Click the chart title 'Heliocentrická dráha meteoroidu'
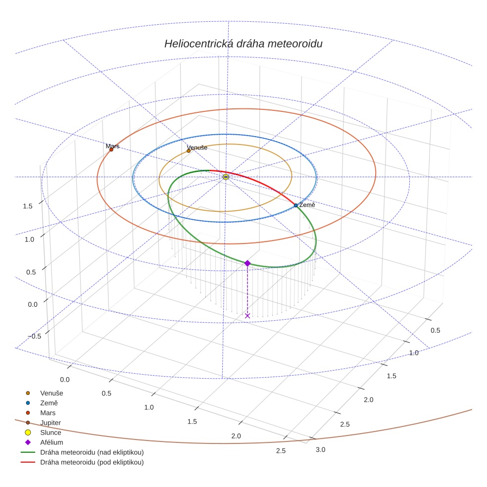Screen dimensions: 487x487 (x=243, y=44)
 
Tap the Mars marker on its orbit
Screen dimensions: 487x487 (x=111, y=149)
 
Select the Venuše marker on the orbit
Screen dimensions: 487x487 (x=189, y=151)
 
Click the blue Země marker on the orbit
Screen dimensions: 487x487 (x=296, y=205)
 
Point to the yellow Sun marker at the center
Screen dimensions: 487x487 (x=226, y=177)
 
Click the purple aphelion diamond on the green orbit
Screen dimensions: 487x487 (x=247, y=263)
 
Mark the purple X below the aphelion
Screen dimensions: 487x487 (x=247, y=316)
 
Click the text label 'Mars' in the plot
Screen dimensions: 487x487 (x=112, y=146)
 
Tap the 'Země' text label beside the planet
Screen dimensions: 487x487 (x=307, y=205)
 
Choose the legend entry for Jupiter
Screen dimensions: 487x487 (x=50, y=423)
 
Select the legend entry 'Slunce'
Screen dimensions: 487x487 (x=50, y=433)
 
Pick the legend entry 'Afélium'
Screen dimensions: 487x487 (x=51, y=442)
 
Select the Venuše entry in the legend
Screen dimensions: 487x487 (x=51, y=393)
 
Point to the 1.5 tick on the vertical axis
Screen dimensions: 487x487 (x=28, y=206)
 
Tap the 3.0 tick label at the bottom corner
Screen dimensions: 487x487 (x=321, y=449)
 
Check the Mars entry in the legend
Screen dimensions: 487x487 (x=48, y=413)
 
